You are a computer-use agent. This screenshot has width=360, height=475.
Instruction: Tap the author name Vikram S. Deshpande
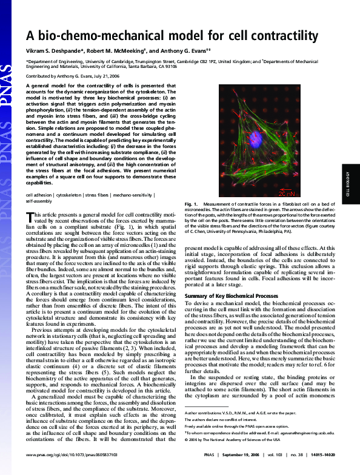tap(54, 51)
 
